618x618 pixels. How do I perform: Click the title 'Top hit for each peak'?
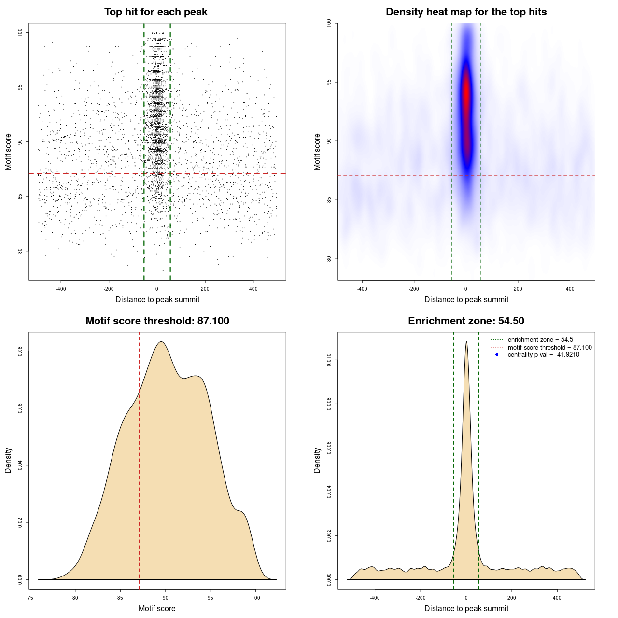coord(155,12)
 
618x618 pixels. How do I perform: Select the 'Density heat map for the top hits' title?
coord(466,12)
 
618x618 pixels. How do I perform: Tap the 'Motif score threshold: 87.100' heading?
coord(157,321)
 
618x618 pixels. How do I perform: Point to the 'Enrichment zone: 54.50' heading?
coord(466,321)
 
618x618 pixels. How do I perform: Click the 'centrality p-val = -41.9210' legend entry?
coord(543,355)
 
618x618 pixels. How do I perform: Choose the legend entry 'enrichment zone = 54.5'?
coord(540,340)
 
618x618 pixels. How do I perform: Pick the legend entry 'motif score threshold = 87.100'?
coord(549,347)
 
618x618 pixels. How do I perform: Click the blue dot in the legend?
coord(497,355)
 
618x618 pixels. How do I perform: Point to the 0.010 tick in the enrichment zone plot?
coord(329,360)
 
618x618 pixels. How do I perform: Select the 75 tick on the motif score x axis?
coord(30,598)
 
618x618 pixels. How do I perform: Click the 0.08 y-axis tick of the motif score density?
coord(20,351)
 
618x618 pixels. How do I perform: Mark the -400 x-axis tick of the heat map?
coord(362,289)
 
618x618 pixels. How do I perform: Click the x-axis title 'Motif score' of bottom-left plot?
coord(157,608)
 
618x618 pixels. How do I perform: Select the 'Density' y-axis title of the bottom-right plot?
coord(317,460)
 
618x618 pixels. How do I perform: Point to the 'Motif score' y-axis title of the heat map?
coord(317,152)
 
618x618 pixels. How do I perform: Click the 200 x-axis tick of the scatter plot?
coord(205,289)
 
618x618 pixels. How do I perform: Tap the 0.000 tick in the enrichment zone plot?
coord(329,579)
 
